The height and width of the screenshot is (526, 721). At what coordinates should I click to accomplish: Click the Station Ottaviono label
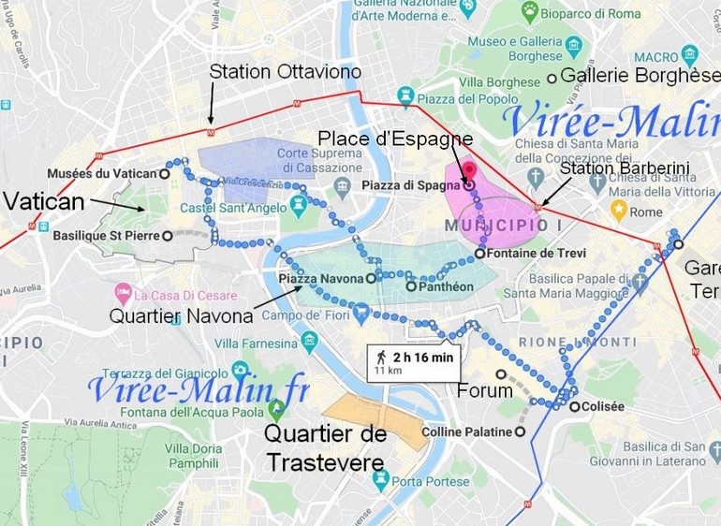(285, 71)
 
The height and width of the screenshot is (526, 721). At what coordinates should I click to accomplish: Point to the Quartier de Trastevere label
(325, 448)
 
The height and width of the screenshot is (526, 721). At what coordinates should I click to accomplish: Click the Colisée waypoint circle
(572, 405)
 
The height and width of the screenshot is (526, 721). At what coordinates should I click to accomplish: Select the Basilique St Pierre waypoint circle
(167, 236)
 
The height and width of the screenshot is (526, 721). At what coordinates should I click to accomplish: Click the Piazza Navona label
(320, 278)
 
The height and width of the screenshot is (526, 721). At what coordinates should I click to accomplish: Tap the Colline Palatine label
(467, 432)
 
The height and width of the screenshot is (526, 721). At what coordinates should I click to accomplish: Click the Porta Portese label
(431, 481)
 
